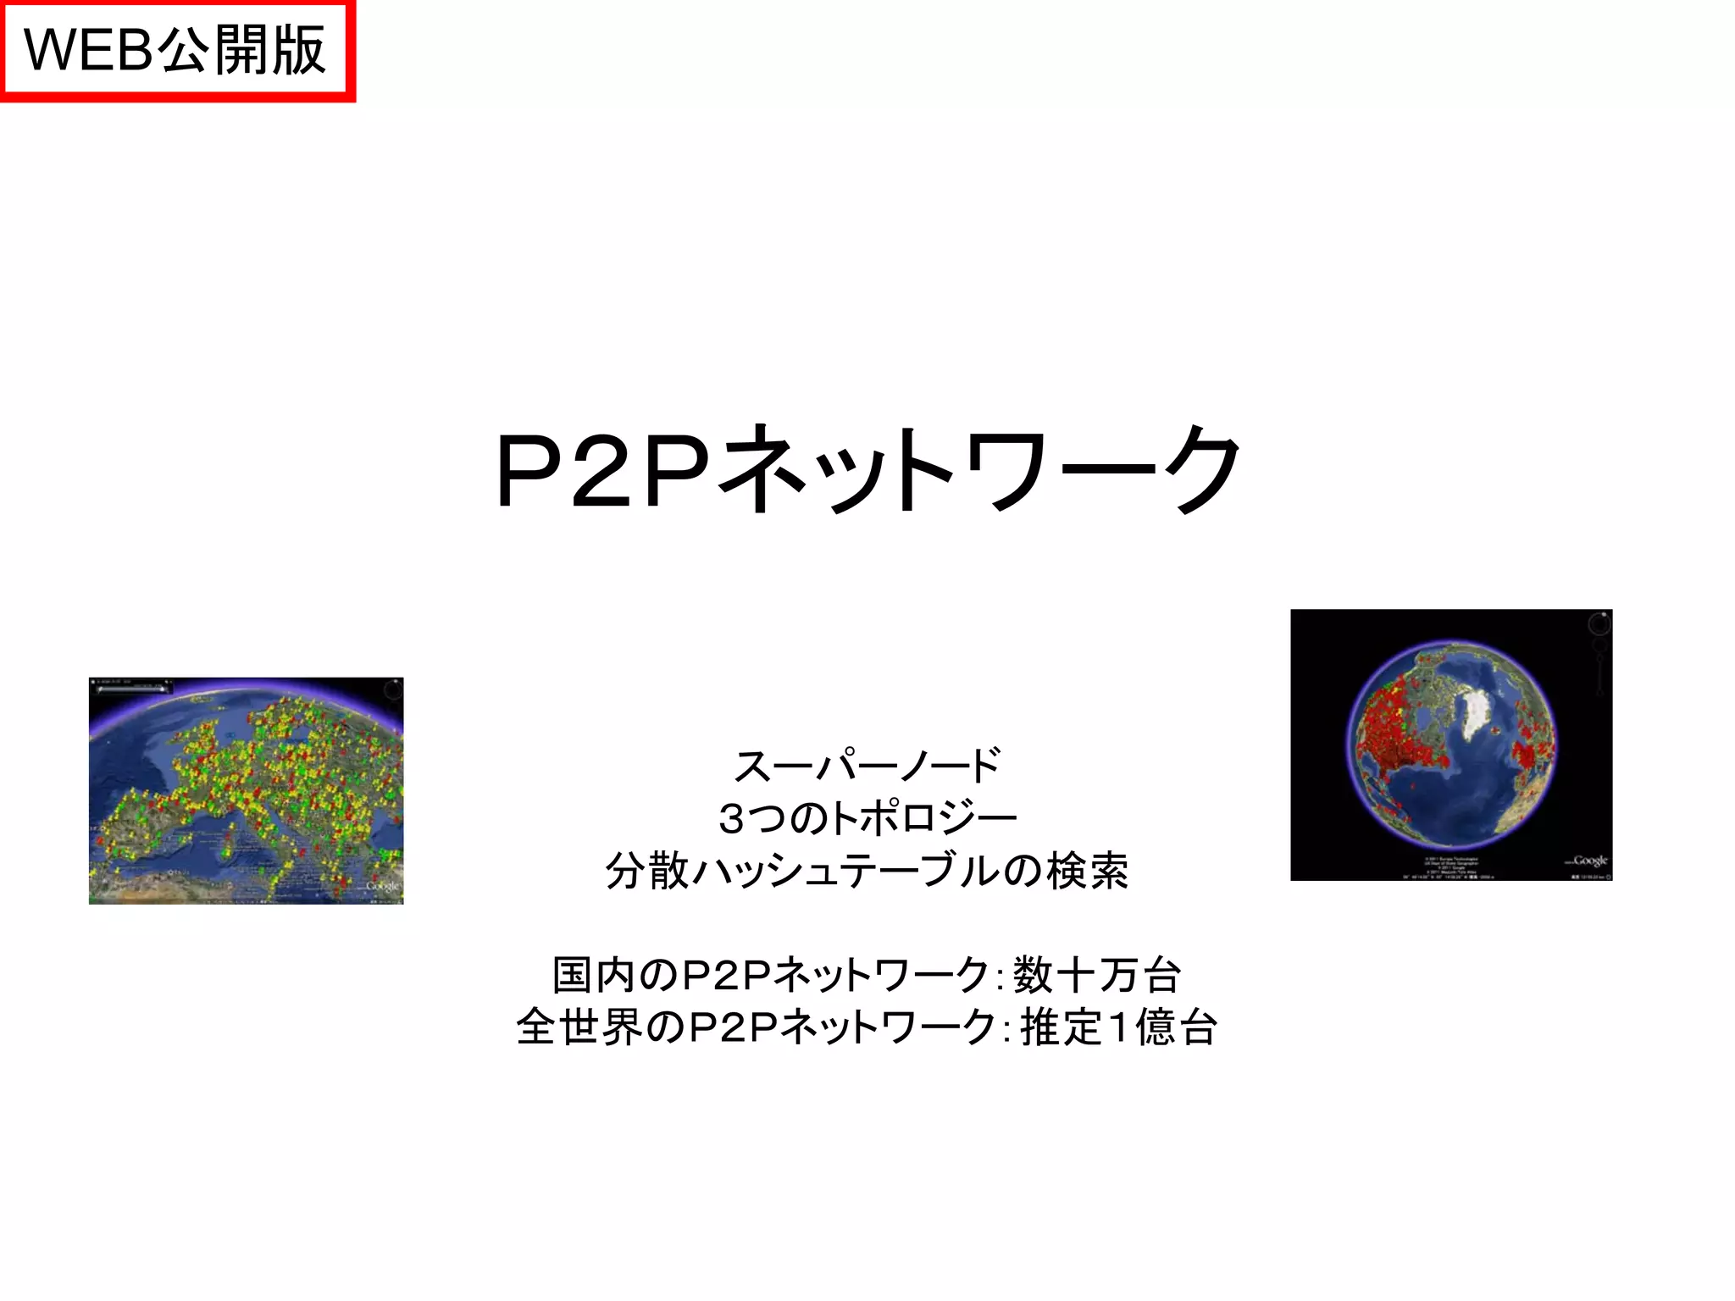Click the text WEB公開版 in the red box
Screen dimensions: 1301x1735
click(175, 50)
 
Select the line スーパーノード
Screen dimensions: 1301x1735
click(867, 766)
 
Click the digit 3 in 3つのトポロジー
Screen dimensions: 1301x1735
click(731, 818)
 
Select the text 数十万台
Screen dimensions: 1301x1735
click(1097, 975)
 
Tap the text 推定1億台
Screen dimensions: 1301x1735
click(1119, 1027)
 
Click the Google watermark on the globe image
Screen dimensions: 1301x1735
click(1588, 861)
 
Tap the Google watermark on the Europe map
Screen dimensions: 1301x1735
click(382, 886)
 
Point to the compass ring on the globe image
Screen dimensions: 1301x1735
click(1599, 625)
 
